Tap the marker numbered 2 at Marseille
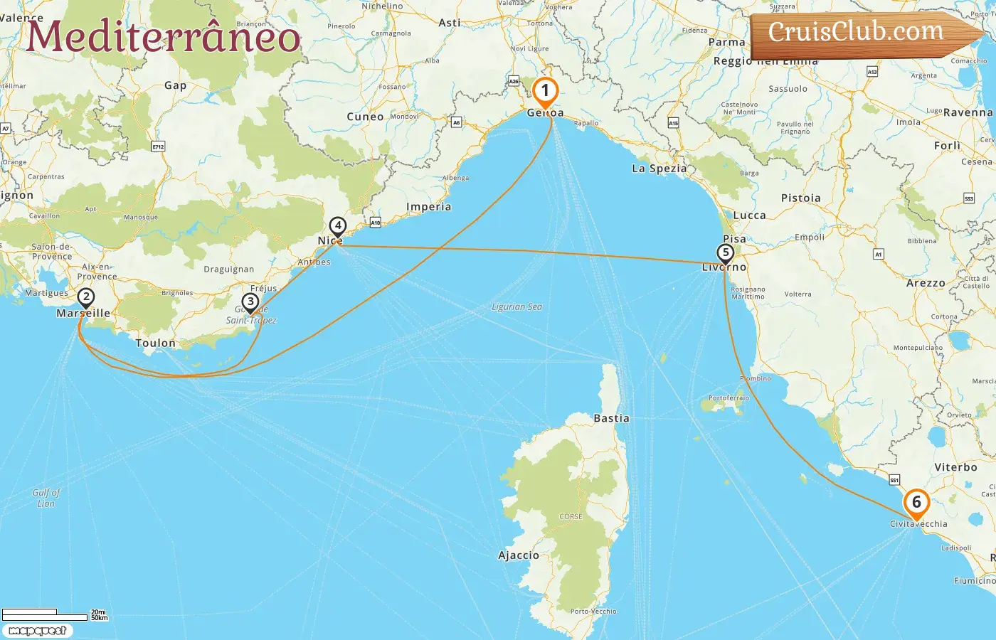point(85,297)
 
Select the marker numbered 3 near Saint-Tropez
point(250,302)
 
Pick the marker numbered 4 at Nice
point(337,226)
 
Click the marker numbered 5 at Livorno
point(725,253)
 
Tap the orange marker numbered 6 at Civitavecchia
point(916,503)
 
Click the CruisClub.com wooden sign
point(857,32)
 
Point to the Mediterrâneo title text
point(164,36)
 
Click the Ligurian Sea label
point(516,307)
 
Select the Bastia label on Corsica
point(611,419)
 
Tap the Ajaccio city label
point(519,555)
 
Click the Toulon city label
point(155,343)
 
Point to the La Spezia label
point(659,169)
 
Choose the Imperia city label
point(428,207)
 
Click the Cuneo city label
point(365,117)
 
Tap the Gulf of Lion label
point(46,498)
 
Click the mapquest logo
point(38,631)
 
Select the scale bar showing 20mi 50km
point(53,614)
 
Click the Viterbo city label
point(955,467)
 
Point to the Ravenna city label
point(968,112)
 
